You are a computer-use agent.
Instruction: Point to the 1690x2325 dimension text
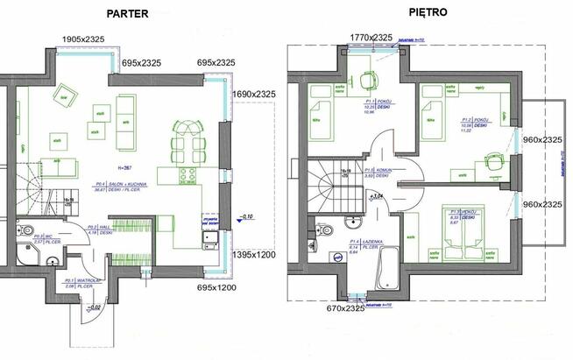click(254, 94)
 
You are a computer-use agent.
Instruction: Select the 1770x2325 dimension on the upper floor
click(371, 37)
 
